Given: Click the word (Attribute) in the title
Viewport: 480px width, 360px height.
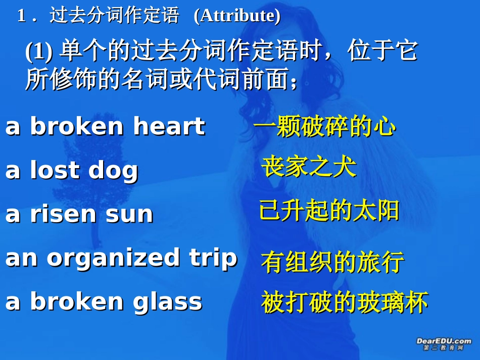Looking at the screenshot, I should (x=237, y=16).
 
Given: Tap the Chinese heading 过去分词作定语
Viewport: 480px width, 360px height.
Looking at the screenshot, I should (x=114, y=16).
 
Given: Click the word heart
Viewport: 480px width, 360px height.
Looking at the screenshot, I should (x=169, y=126).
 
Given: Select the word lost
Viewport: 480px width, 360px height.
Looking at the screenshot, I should (x=55, y=170).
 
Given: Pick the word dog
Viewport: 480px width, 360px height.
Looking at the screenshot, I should (x=113, y=171).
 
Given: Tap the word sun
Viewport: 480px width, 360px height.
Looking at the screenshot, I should (x=129, y=215).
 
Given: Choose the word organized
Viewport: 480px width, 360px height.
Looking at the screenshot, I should (x=113, y=258).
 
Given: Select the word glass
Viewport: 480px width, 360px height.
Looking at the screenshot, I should (x=168, y=301).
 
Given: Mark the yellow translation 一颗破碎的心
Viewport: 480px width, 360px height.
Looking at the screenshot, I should (x=324, y=127).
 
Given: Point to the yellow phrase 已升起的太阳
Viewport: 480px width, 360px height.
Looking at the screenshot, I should (x=329, y=211).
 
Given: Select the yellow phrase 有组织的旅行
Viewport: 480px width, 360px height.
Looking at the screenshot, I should (x=332, y=263).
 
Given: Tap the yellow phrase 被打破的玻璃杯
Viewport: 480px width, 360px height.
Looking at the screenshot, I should (x=345, y=302).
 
